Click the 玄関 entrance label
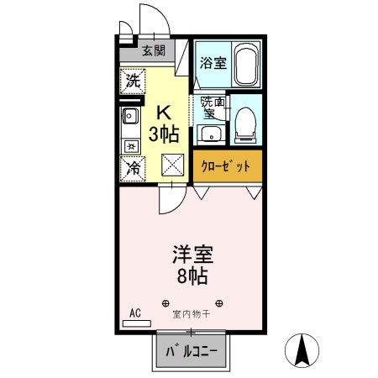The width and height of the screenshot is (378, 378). tap(152, 50)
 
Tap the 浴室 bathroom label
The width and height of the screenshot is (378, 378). tap(213, 62)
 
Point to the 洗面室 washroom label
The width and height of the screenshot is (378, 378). tap(209, 108)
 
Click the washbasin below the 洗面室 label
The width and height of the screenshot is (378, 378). tap(211, 134)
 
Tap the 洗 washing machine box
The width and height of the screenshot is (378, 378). tap(132, 81)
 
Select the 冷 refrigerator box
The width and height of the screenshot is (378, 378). tap(133, 168)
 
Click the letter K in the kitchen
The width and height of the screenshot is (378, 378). tap(165, 112)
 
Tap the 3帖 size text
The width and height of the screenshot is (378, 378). tap(165, 133)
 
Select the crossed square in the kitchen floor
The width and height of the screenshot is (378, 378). tap(174, 165)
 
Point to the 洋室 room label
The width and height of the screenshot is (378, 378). tap(192, 251)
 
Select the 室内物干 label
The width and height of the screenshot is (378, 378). tap(192, 315)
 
